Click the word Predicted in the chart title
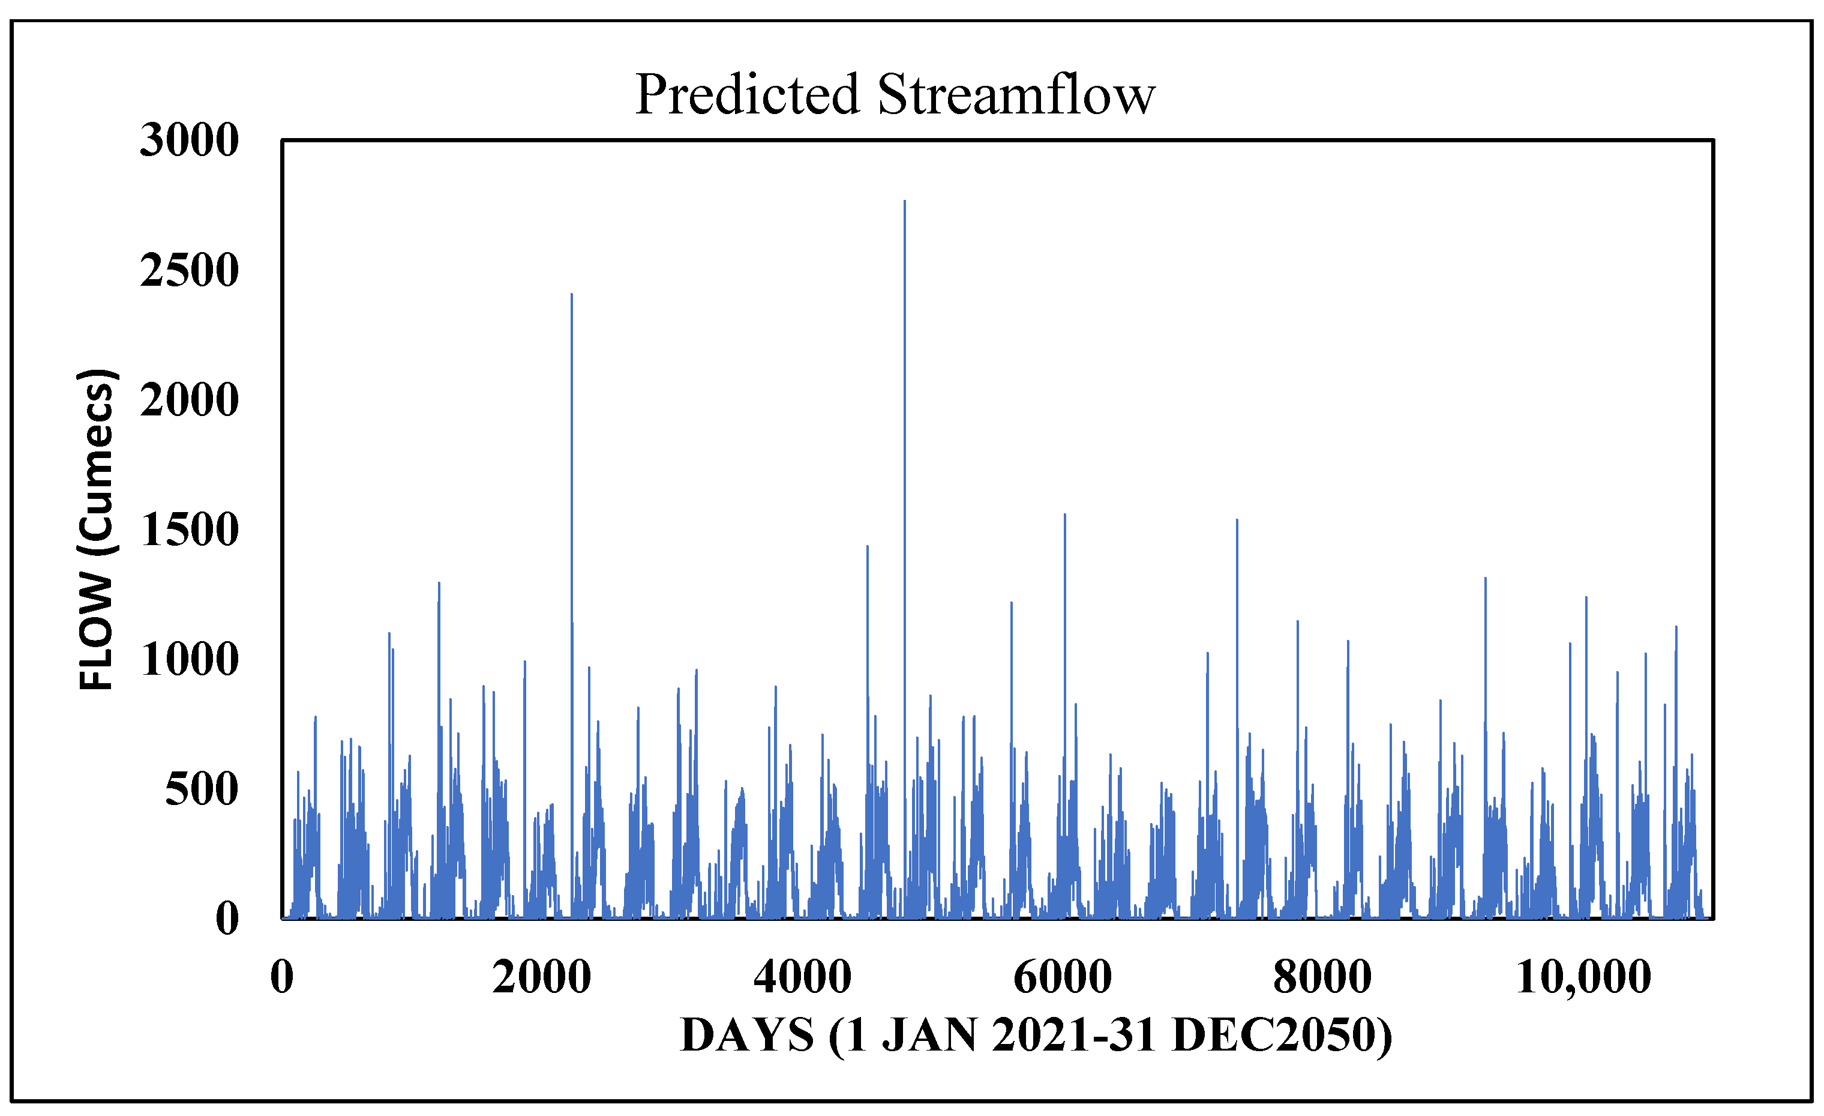coord(747,95)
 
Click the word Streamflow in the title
coord(1016,95)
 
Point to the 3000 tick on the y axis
coord(190,140)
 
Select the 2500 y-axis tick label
coord(190,270)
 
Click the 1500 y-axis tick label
coord(190,530)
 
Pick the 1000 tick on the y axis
coord(190,660)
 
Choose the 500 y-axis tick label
coord(202,790)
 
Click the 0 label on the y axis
coord(227,920)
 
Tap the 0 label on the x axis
coord(282,977)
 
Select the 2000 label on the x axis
coord(542,977)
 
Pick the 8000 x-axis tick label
coord(1322,977)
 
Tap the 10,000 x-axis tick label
coord(1584,977)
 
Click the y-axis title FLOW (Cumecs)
coord(96,530)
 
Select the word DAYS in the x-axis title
coord(747,1036)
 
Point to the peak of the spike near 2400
coord(571,295)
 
